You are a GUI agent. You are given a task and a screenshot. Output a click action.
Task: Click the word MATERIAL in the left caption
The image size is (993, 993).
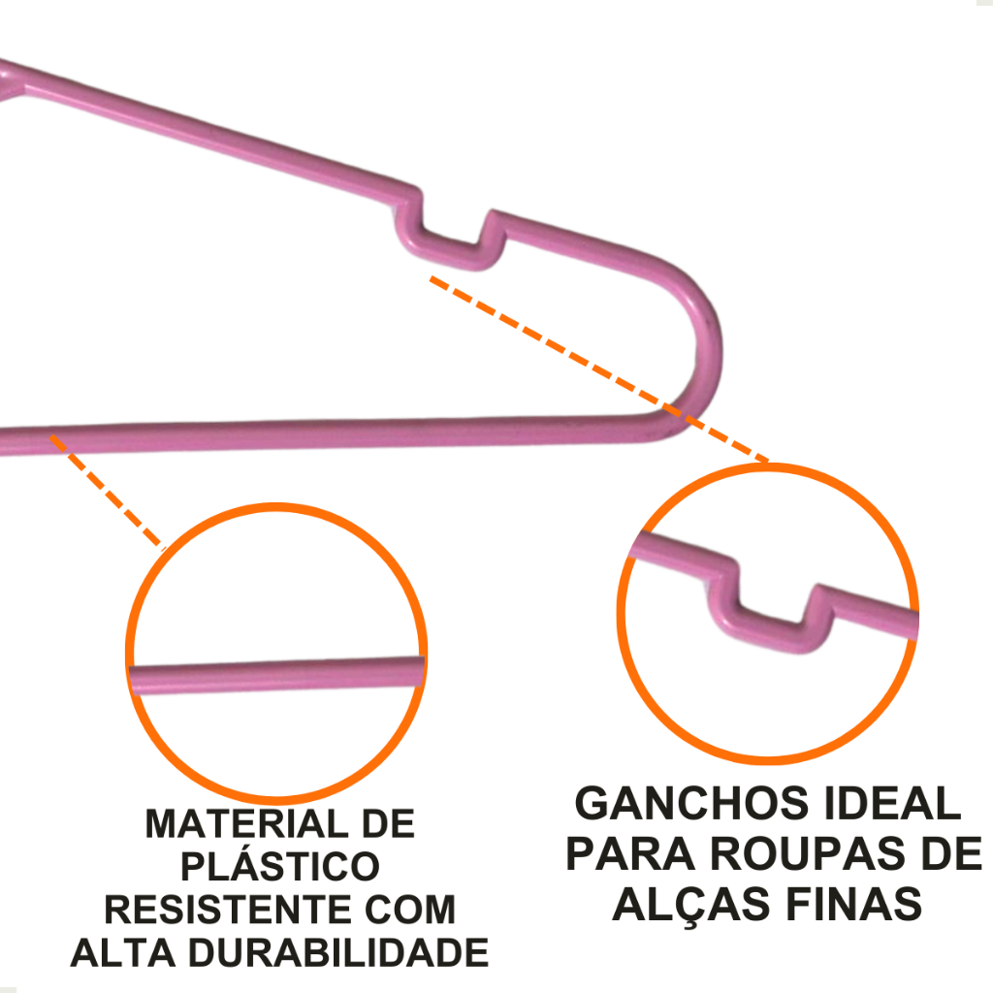click(242, 824)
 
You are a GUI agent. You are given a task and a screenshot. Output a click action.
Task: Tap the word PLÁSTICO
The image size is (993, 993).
click(280, 867)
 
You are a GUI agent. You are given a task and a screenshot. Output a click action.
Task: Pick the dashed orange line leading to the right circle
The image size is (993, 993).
click(601, 369)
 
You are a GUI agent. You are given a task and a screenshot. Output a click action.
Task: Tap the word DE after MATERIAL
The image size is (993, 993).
click(387, 824)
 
